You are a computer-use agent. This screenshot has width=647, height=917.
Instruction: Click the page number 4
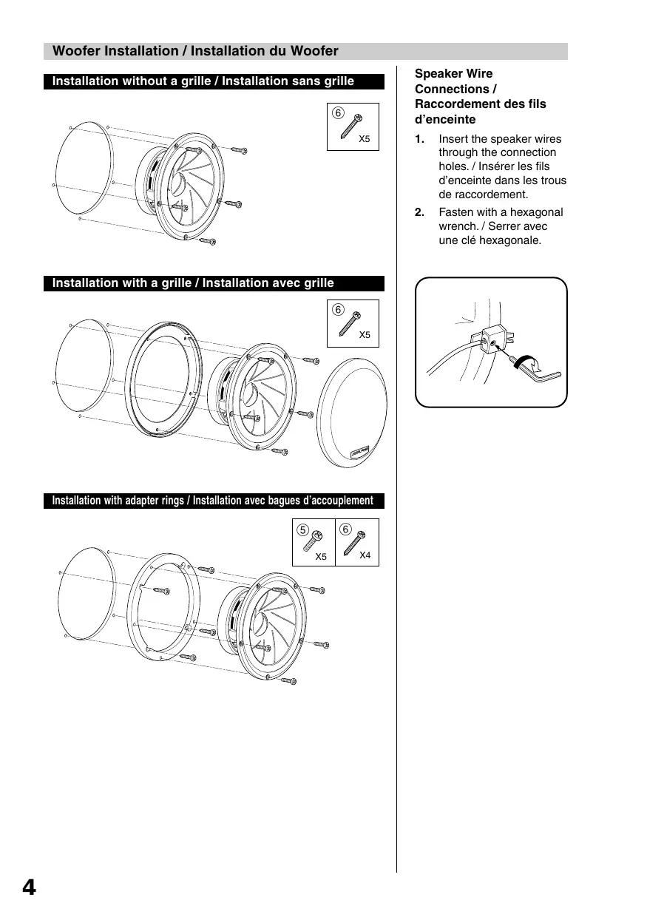click(28, 887)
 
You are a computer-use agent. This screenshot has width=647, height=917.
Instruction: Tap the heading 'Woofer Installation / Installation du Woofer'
click(195, 51)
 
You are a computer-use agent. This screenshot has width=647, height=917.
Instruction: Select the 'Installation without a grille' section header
click(203, 81)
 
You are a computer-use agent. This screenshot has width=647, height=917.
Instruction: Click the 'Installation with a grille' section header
click(192, 283)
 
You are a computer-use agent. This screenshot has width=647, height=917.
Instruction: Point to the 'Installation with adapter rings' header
click(212, 501)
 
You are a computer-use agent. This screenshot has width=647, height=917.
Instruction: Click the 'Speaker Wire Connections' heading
click(480, 96)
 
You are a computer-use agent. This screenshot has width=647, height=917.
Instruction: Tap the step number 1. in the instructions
click(419, 139)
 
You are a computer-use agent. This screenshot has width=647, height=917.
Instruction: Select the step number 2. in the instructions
click(419, 212)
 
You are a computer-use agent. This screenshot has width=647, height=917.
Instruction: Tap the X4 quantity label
click(365, 555)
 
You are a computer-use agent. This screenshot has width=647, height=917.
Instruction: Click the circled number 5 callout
click(302, 529)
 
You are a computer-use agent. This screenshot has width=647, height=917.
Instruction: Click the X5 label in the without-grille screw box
click(364, 138)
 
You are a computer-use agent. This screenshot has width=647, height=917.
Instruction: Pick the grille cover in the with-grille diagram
click(351, 414)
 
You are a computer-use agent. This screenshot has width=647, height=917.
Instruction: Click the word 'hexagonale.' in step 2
click(511, 240)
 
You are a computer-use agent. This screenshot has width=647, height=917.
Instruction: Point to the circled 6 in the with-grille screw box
click(338, 310)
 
